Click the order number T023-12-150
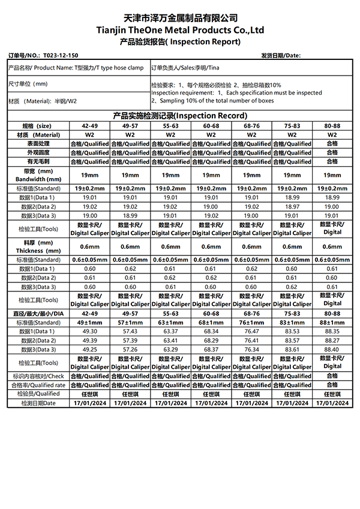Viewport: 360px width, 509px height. click(x=61, y=55)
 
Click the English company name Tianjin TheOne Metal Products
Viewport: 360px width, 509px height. click(x=180, y=30)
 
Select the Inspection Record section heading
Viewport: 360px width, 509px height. click(x=180, y=115)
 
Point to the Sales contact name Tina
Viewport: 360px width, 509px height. click(x=222, y=68)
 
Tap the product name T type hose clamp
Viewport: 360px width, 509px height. click(x=120, y=68)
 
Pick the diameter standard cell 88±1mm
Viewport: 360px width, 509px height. click(x=332, y=323)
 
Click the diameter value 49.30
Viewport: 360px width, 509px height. click(x=89, y=332)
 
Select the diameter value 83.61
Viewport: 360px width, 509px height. click(x=292, y=350)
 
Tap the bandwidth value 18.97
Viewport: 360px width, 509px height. click(x=292, y=207)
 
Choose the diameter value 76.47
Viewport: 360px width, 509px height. click(x=251, y=332)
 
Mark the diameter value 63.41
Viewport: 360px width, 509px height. click(x=170, y=341)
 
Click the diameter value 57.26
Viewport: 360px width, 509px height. click(x=130, y=350)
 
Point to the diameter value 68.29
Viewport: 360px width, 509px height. click(x=211, y=341)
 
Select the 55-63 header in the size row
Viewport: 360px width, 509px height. click(x=170, y=127)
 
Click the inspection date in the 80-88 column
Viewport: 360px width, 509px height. click(x=332, y=403)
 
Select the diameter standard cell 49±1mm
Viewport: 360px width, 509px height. click(x=89, y=323)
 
